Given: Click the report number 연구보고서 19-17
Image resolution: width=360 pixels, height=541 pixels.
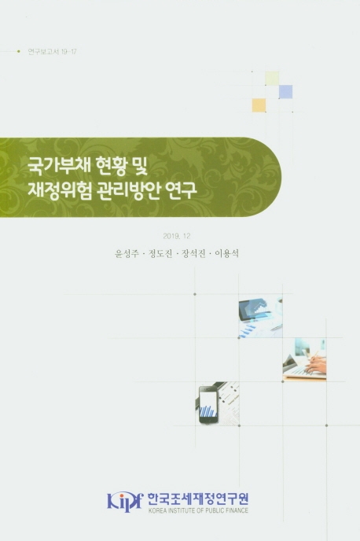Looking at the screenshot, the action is [x=52, y=52].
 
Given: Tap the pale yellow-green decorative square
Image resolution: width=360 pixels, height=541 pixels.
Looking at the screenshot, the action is [x=272, y=78].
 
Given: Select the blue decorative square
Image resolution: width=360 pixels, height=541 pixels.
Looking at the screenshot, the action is [x=286, y=92].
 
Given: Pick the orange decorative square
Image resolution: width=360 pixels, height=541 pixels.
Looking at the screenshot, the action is [x=259, y=105].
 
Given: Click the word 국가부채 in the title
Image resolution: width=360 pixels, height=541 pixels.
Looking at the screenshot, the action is [x=59, y=166].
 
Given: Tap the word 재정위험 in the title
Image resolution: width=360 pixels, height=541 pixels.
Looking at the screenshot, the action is [x=59, y=190].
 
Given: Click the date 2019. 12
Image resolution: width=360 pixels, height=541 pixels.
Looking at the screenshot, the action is [x=177, y=237].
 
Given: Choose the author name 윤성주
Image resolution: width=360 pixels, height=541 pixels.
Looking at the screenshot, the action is [x=127, y=254].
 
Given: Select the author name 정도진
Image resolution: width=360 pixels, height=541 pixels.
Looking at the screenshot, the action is [x=160, y=254].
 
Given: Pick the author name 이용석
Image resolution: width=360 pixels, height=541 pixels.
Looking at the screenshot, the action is [x=226, y=254].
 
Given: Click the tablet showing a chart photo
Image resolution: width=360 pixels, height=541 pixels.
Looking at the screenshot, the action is [x=261, y=316].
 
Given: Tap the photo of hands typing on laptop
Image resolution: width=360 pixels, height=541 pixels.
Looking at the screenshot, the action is [x=304, y=360].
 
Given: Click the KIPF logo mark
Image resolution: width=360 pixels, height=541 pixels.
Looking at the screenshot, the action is [x=124, y=502].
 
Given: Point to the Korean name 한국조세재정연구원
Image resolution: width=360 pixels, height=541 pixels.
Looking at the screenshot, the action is [x=198, y=499].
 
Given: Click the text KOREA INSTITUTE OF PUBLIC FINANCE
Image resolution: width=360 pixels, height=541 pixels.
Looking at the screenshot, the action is [x=198, y=510].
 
